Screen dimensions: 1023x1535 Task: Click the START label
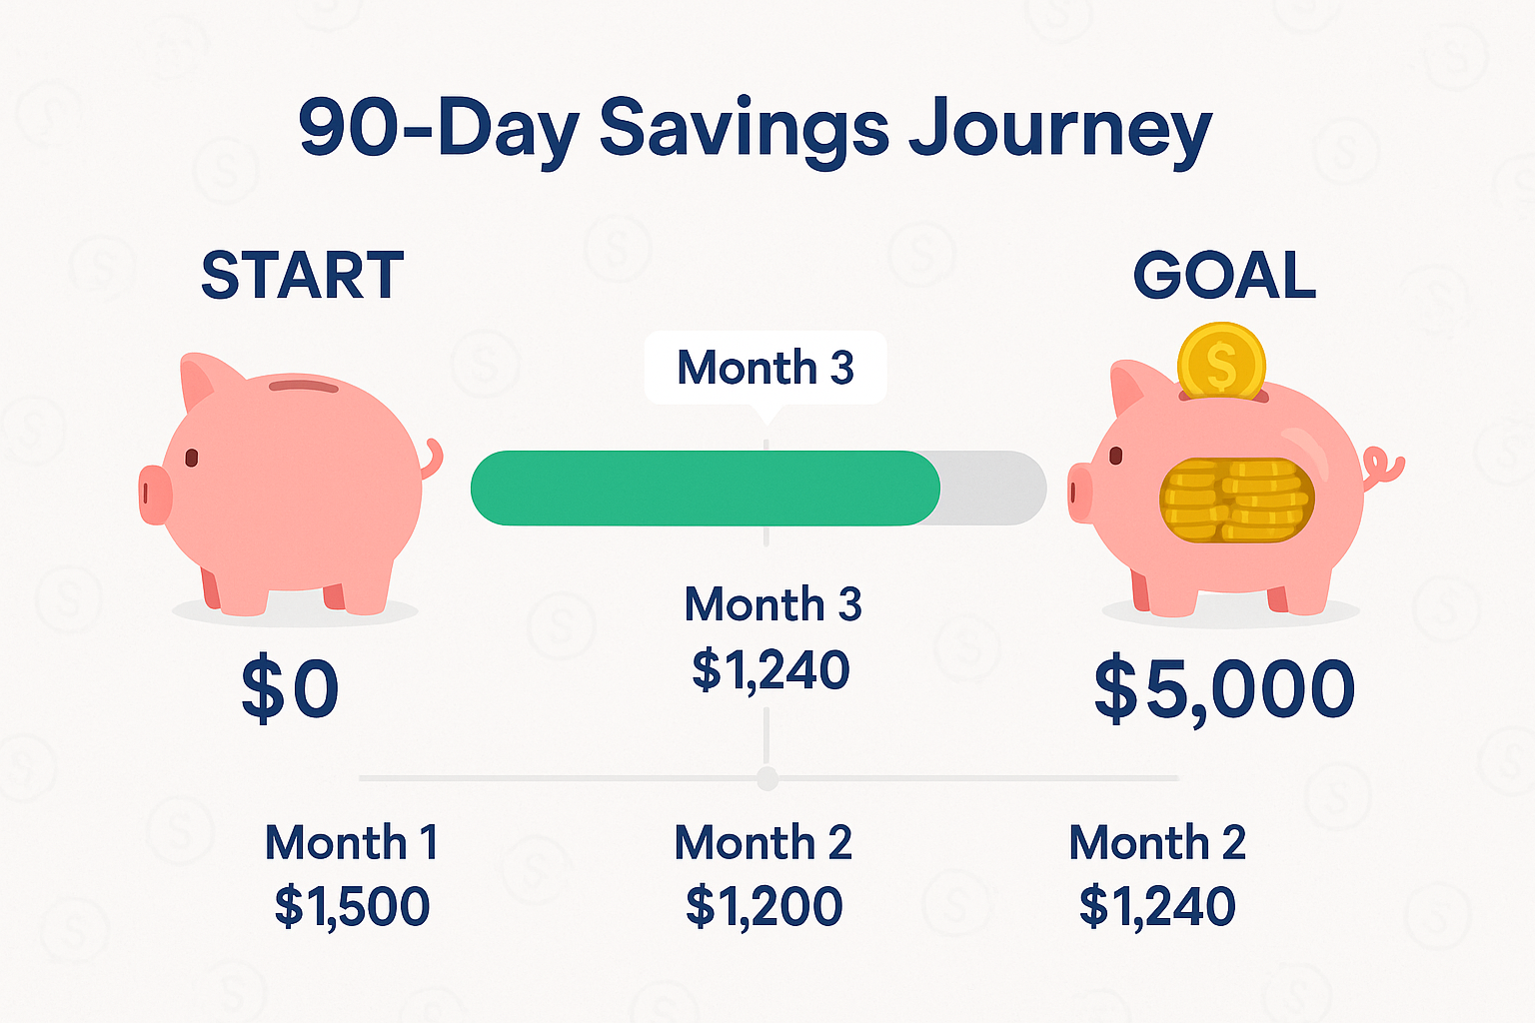coord(303,276)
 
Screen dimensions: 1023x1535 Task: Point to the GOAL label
coord(1224,276)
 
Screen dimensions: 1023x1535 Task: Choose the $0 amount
coord(291,689)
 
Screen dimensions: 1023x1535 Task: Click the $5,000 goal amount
coord(1224,689)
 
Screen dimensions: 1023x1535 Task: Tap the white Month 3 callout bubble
coord(766,368)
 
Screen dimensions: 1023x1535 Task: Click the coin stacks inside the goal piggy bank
coord(1236,500)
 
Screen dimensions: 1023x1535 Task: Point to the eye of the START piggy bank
coord(192,458)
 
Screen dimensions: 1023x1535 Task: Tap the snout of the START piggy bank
coord(155,494)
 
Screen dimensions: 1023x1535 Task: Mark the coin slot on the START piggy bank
coord(303,386)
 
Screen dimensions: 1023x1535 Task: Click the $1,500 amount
coord(352,906)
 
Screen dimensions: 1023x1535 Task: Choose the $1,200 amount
coord(764,906)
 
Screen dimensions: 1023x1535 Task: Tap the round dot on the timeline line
coord(767,778)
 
